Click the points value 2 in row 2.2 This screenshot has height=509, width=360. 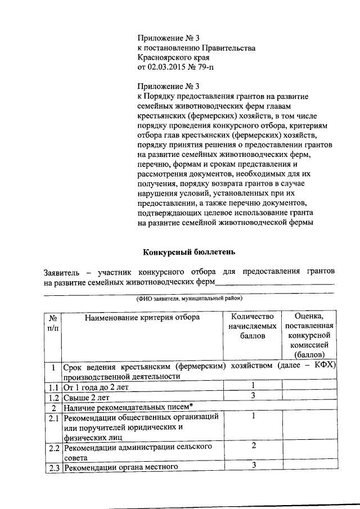(x=254, y=446)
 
